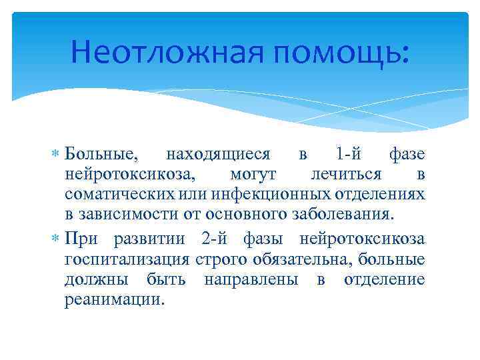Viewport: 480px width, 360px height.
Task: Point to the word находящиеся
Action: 218,155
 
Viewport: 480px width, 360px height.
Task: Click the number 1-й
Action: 349,155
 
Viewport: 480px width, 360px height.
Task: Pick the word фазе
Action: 406,155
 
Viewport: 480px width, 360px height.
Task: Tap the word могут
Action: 253,175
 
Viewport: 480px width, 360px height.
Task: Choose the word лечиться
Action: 347,175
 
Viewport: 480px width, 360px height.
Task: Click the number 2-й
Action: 213,239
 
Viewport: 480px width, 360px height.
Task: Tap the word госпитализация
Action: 126,259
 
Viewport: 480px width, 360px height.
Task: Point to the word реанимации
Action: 113,299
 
